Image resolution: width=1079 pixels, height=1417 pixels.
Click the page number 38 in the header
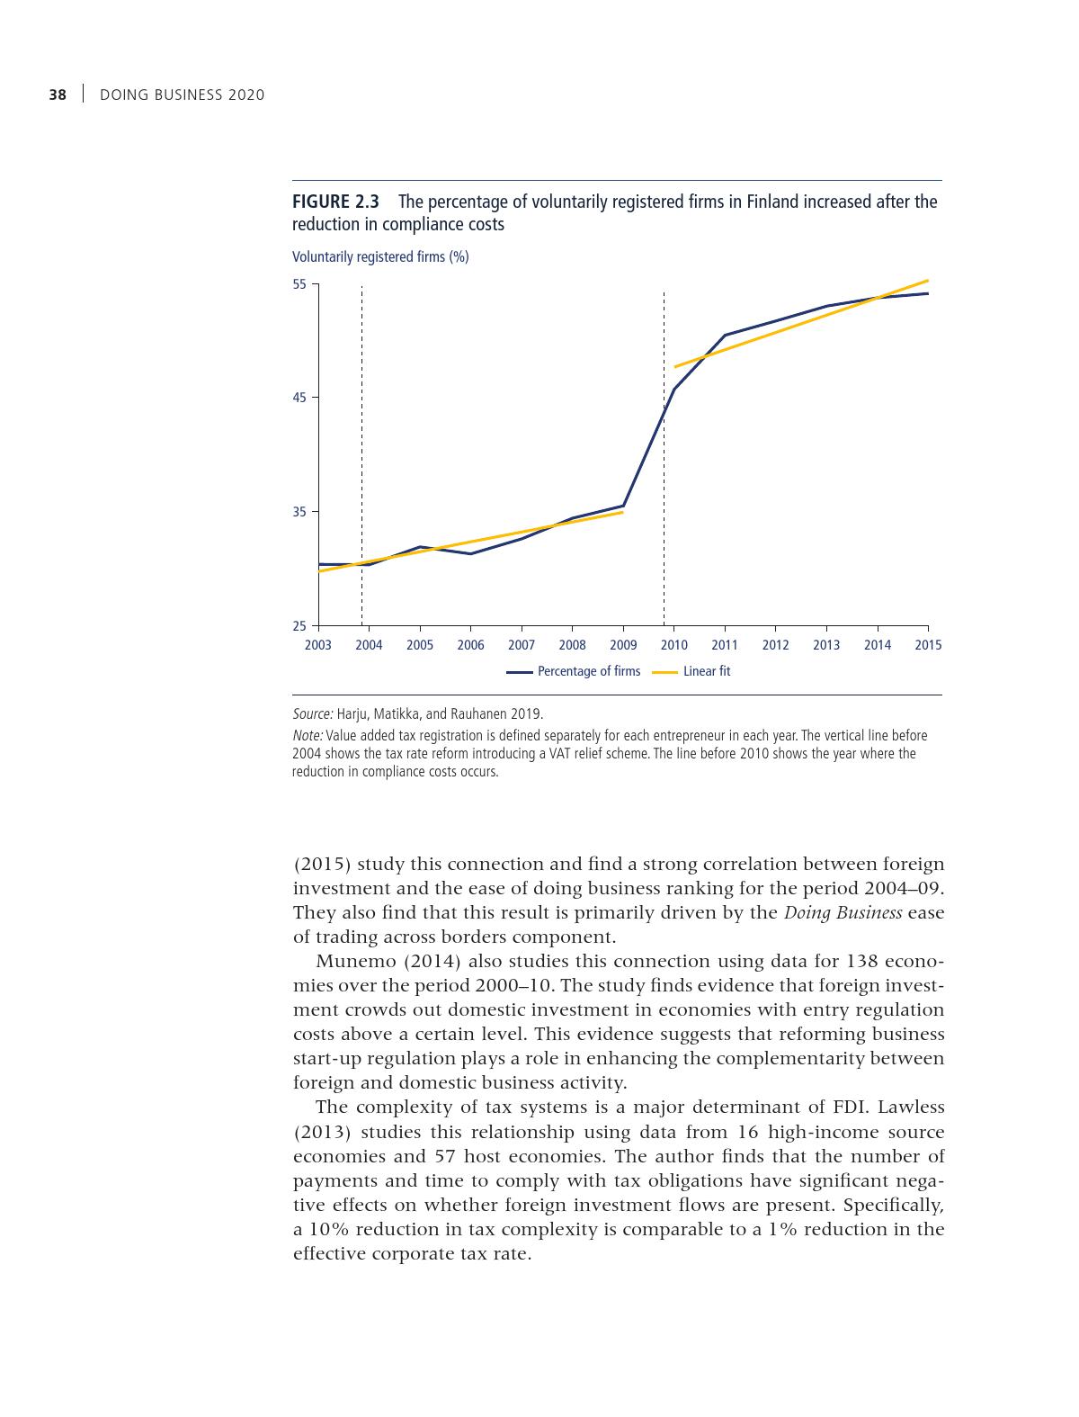(58, 94)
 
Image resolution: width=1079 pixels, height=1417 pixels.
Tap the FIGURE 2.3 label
(335, 202)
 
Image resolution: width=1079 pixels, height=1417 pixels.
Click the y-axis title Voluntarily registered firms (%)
(380, 257)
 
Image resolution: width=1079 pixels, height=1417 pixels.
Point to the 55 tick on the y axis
(299, 285)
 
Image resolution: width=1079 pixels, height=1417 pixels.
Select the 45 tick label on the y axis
(299, 398)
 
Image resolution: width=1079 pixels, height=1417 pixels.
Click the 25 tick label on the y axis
(299, 626)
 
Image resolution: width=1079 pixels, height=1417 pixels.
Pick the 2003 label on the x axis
(318, 645)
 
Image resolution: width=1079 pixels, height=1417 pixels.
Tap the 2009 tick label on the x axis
(623, 645)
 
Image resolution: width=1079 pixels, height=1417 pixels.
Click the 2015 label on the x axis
(928, 645)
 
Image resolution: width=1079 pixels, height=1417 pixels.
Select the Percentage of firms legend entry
(588, 671)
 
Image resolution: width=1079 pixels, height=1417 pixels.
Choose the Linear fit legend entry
(706, 671)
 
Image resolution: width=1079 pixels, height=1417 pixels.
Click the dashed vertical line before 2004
(361, 450)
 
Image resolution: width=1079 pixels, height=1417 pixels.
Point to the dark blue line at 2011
(725, 336)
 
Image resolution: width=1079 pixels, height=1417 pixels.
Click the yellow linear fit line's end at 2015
(927, 281)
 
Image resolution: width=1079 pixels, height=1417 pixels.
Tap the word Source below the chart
(312, 714)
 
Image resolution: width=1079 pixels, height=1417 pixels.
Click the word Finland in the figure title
(772, 202)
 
